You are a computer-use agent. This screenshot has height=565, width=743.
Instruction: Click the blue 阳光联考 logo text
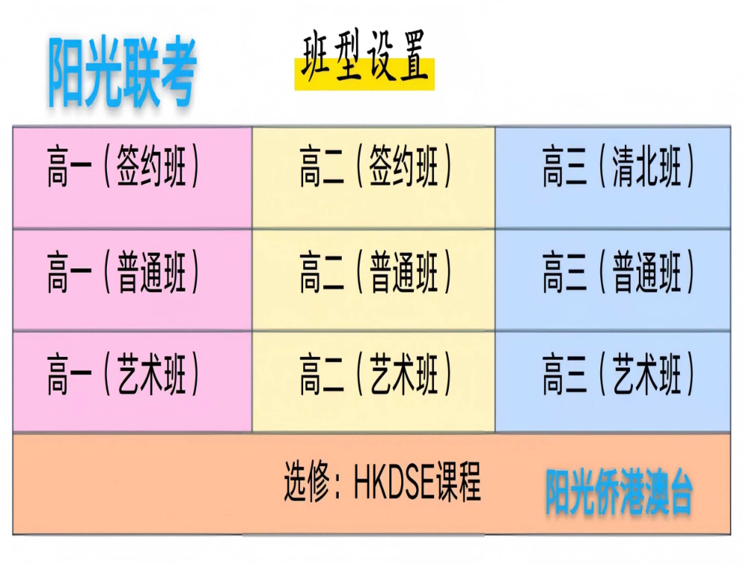pyautogui.click(x=122, y=71)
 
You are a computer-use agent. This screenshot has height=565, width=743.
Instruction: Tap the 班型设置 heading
pyautogui.click(x=364, y=57)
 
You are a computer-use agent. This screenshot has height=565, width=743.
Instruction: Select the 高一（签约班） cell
pyautogui.click(x=132, y=178)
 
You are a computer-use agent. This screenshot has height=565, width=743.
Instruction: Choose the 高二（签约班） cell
pyautogui.click(x=374, y=178)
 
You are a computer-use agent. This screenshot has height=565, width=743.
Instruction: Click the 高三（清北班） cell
pyautogui.click(x=613, y=178)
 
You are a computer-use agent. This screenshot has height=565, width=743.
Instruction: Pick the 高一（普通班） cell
pyautogui.click(x=132, y=280)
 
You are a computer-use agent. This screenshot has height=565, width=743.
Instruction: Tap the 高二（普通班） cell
pyautogui.click(x=374, y=280)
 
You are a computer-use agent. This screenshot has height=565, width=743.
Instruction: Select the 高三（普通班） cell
pyautogui.click(x=613, y=280)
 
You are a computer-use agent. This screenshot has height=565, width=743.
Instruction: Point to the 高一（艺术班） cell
pyautogui.click(x=132, y=382)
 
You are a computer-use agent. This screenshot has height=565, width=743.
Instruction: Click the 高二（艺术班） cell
pyautogui.click(x=374, y=382)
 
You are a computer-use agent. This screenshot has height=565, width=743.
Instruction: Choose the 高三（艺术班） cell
pyautogui.click(x=613, y=382)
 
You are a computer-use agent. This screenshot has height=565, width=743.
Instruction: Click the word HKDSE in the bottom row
pyautogui.click(x=395, y=482)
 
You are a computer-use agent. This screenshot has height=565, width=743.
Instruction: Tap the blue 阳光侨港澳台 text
pyautogui.click(x=619, y=492)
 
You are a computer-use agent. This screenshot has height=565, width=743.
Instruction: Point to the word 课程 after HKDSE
pyautogui.click(x=458, y=482)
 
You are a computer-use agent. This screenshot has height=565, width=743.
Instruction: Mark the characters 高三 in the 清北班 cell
pyautogui.click(x=565, y=167)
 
